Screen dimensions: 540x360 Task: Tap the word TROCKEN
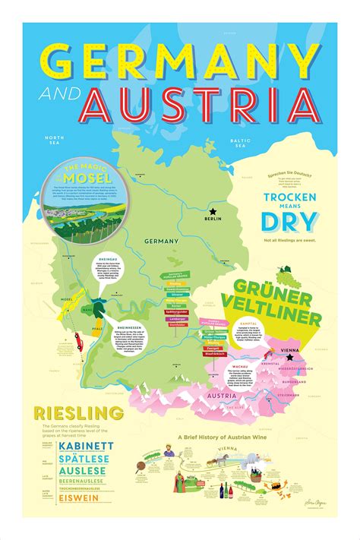pyautogui.click(x=289, y=197)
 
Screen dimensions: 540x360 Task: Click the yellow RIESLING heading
pyautogui.click(x=78, y=413)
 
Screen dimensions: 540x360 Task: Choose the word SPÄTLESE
pyautogui.click(x=84, y=459)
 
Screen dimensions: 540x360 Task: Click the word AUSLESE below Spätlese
pyautogui.click(x=81, y=472)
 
